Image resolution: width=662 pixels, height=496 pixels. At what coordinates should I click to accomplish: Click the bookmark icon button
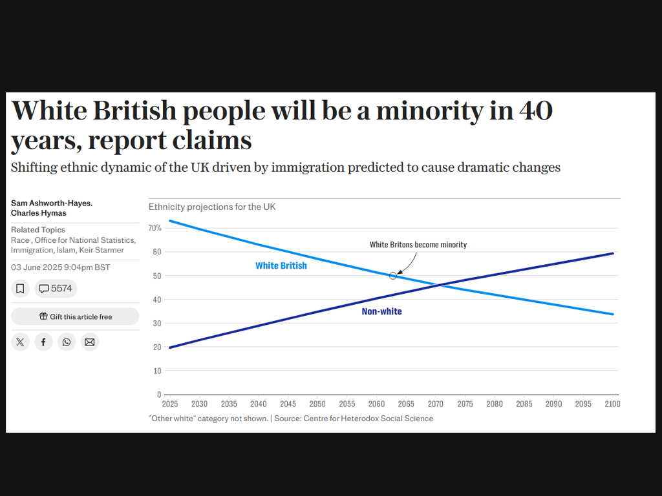click(x=20, y=289)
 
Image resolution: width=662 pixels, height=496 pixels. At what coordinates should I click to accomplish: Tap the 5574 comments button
click(x=56, y=289)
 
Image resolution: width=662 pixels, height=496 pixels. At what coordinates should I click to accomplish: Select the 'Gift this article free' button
click(x=75, y=316)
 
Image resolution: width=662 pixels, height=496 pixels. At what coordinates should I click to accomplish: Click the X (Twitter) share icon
click(x=20, y=342)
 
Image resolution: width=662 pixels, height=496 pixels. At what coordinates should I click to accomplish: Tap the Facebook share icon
click(x=43, y=342)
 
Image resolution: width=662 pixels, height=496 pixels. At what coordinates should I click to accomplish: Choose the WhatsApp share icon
click(x=67, y=342)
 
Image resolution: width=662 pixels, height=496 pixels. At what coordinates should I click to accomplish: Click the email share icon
click(x=90, y=342)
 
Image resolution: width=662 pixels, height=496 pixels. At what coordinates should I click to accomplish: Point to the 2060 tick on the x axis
click(x=376, y=404)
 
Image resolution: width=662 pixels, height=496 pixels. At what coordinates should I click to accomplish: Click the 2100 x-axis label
click(x=612, y=404)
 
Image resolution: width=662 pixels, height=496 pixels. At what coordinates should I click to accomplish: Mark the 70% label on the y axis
click(x=155, y=228)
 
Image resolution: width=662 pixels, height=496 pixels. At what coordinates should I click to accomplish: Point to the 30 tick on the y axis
click(x=157, y=323)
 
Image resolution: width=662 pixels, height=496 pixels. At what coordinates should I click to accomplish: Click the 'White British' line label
click(x=281, y=265)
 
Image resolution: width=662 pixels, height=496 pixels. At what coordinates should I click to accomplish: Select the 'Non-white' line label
click(x=381, y=311)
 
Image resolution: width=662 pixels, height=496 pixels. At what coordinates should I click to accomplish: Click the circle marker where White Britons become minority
click(x=393, y=276)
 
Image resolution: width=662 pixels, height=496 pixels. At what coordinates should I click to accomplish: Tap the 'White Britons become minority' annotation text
click(x=418, y=245)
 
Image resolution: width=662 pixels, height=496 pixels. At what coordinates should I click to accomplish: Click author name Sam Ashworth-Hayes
click(x=52, y=203)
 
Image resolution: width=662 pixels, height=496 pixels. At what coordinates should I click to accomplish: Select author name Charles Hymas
click(x=39, y=213)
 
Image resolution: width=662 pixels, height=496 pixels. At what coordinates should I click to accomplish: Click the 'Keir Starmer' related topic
click(x=101, y=250)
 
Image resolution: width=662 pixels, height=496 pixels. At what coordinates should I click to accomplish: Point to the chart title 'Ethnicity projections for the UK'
click(x=212, y=207)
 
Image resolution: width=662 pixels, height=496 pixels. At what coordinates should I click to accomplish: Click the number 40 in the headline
click(x=535, y=110)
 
